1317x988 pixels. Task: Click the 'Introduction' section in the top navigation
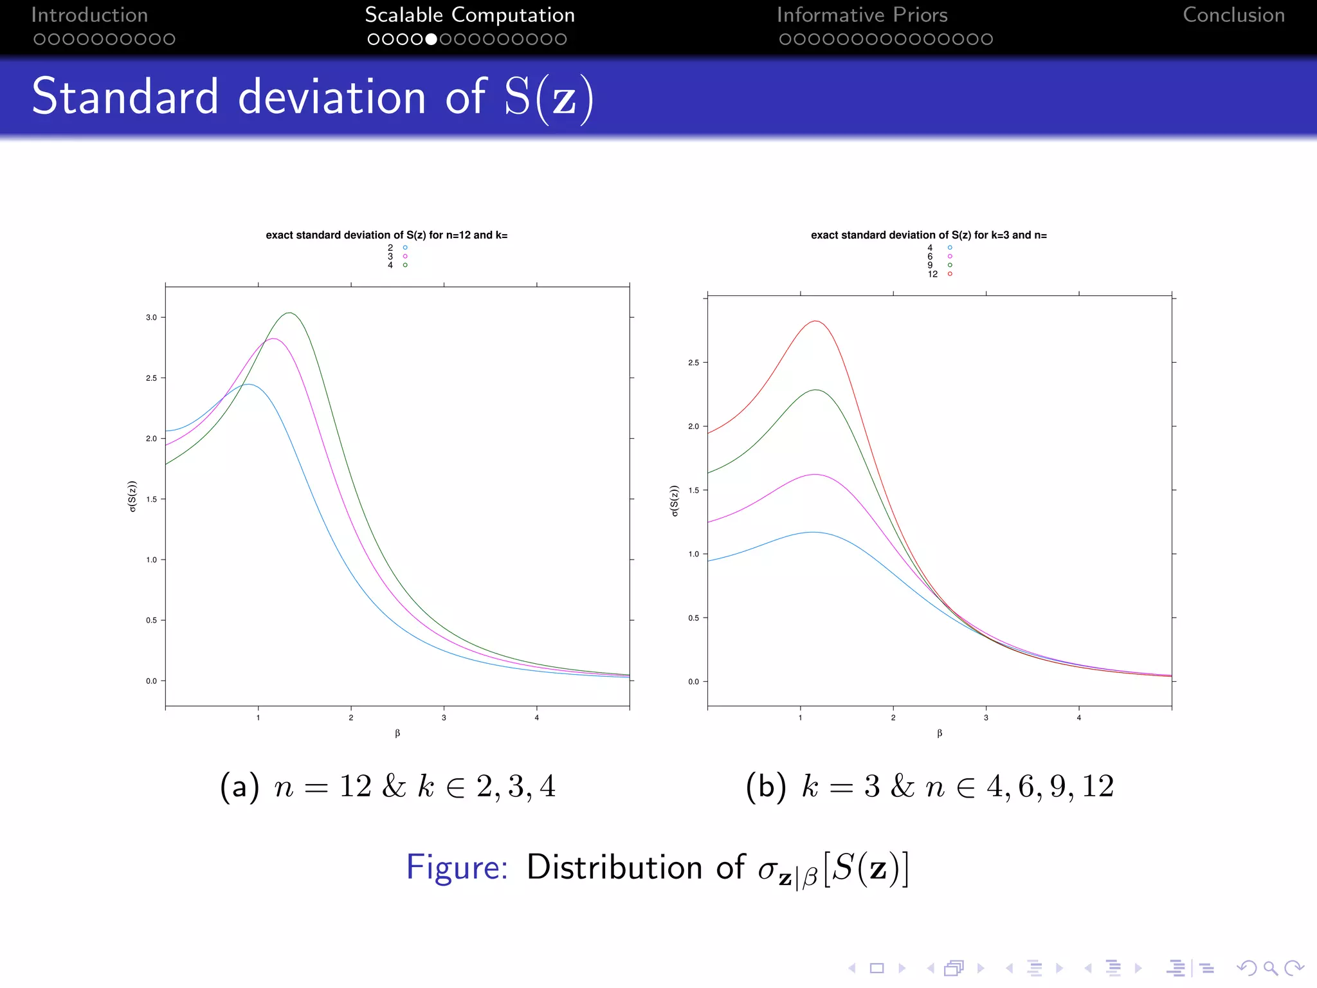(89, 15)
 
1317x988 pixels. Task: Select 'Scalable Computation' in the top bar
(469, 15)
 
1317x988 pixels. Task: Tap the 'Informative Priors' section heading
(862, 15)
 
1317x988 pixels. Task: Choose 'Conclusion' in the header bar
(1233, 15)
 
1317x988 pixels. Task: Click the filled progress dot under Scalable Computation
(431, 39)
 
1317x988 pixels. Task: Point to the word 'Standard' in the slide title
(125, 97)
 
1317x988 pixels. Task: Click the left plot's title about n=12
(386, 235)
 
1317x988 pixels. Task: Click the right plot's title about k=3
(929, 235)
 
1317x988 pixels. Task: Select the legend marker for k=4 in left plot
(405, 265)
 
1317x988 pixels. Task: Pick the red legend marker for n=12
(950, 274)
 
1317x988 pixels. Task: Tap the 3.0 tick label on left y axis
(151, 318)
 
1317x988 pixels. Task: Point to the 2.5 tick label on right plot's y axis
(693, 363)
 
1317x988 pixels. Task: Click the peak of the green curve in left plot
(290, 313)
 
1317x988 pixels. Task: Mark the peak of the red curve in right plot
(815, 321)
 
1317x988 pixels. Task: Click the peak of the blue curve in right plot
(813, 532)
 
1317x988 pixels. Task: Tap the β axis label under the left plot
(397, 733)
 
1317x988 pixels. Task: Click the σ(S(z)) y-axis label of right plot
(674, 500)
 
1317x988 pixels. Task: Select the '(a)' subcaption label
(239, 787)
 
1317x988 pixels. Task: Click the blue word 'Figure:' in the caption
(457, 867)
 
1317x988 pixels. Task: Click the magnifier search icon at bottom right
(1270, 968)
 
